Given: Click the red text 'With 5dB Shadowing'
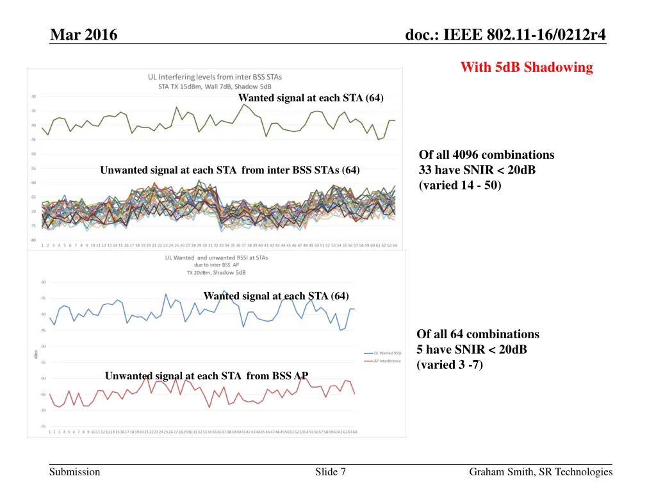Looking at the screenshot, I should (527, 67).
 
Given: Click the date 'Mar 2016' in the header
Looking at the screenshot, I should (83, 35).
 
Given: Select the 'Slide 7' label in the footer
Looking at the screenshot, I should (331, 472).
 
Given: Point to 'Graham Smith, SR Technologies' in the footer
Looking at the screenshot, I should (541, 472).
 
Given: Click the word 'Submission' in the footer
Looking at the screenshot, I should (75, 472).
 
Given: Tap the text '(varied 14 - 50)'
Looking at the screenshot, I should (460, 186).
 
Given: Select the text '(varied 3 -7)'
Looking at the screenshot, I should (450, 365).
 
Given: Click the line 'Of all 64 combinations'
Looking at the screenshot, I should (478, 334).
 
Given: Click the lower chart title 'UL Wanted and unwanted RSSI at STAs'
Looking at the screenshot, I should (217, 258).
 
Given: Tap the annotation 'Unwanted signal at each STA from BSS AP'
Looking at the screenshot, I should (202, 376).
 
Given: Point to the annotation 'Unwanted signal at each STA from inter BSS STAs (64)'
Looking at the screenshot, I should (230, 170).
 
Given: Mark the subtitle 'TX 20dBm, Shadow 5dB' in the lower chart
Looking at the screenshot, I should (217, 272).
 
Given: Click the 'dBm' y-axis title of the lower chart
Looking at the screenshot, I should (37, 354).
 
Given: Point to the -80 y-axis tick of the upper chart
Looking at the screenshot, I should (32, 240).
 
